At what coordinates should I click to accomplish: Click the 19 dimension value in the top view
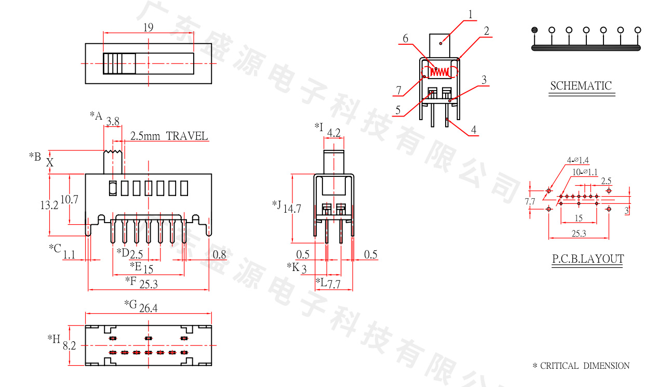(x=148, y=28)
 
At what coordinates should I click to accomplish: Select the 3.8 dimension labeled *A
(x=113, y=122)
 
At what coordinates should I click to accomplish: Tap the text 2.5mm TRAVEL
(x=169, y=136)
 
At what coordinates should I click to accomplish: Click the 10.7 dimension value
(x=69, y=199)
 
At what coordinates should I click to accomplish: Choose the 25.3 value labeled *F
(x=149, y=283)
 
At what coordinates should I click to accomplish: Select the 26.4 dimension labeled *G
(x=148, y=308)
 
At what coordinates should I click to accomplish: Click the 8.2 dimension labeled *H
(x=70, y=345)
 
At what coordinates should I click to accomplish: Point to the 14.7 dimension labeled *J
(x=292, y=209)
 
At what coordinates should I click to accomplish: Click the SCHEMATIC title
(x=581, y=86)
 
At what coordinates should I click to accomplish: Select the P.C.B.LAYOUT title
(x=587, y=259)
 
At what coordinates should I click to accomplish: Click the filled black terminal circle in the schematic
(x=534, y=30)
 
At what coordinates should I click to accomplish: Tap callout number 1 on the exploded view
(x=470, y=15)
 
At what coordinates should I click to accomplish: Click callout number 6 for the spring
(x=405, y=38)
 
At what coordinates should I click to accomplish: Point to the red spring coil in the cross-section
(x=441, y=71)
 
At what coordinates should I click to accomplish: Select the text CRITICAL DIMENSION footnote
(x=585, y=366)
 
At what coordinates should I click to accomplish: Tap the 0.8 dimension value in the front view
(x=220, y=254)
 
